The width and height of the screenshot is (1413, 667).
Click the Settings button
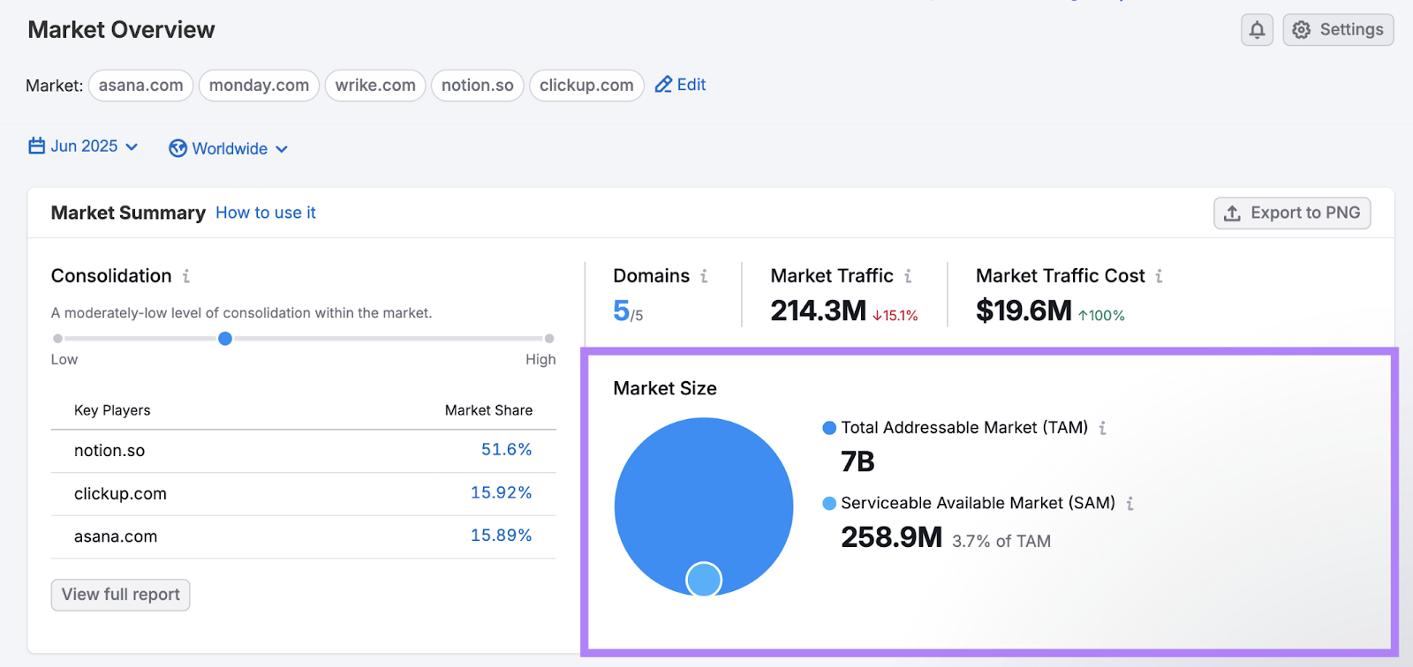[x=1338, y=30]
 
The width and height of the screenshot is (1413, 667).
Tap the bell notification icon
[x=1257, y=30]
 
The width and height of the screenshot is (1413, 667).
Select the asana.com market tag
[x=141, y=86]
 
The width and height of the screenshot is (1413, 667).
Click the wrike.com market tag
[x=375, y=86]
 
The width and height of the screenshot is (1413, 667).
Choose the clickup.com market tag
[x=586, y=86]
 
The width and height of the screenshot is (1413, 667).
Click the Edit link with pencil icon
[x=680, y=85]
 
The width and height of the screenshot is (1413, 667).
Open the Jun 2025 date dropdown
[x=84, y=146]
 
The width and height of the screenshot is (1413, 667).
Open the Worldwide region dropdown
[x=229, y=149]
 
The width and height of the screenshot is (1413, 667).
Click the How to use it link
[x=266, y=213]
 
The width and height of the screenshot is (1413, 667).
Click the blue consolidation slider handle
[x=225, y=339]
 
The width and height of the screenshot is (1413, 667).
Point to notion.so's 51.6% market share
[x=506, y=450]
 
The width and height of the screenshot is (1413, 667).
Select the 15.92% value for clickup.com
[x=501, y=492]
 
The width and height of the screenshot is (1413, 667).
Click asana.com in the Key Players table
[x=116, y=536]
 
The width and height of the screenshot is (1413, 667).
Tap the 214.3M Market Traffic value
[x=818, y=311]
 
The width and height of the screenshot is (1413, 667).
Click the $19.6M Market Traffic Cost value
[x=1024, y=311]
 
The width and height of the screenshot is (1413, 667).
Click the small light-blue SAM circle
[x=704, y=580]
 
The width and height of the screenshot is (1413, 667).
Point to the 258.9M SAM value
[x=891, y=537]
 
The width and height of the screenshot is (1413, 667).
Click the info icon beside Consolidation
[x=186, y=276]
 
